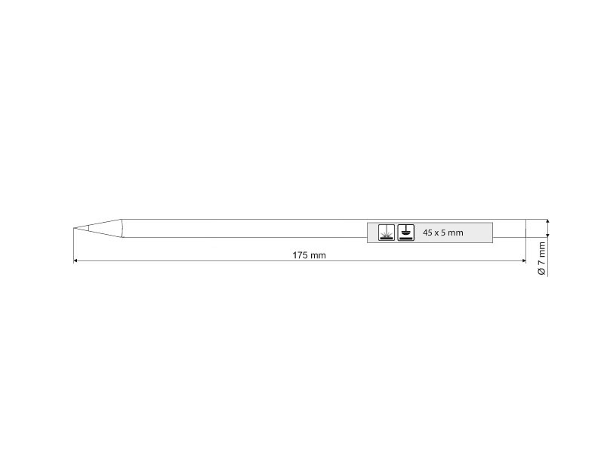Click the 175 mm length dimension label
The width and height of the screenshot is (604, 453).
(309, 255)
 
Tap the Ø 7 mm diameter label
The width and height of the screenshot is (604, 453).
(541, 258)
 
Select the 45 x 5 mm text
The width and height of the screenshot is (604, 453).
(443, 233)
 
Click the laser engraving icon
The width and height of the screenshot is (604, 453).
(387, 233)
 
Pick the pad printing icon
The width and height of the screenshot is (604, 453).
(406, 233)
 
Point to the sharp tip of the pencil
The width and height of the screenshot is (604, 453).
(73, 228)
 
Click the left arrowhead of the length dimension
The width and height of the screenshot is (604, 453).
(75, 260)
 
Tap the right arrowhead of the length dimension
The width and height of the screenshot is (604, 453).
(523, 260)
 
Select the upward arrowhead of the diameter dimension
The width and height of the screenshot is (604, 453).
(548, 221)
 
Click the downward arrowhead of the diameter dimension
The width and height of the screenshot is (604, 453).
(548, 235)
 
